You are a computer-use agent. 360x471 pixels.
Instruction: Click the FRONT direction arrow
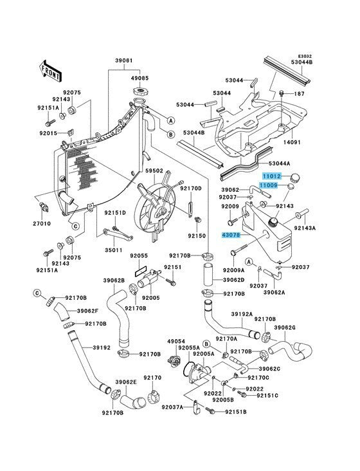click(50, 71)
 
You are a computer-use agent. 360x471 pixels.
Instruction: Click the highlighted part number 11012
click(272, 176)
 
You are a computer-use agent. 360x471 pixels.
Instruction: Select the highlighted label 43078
click(231, 235)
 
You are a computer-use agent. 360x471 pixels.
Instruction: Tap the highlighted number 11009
click(269, 186)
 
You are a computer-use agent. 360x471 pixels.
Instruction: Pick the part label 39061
click(124, 60)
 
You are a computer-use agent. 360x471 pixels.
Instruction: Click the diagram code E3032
click(305, 56)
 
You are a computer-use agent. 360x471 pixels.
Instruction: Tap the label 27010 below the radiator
click(42, 223)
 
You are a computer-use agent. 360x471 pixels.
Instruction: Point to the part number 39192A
click(242, 314)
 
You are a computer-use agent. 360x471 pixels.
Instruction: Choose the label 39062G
click(285, 328)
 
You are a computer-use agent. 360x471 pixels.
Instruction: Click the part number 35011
click(113, 250)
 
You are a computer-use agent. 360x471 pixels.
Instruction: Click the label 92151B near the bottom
click(236, 412)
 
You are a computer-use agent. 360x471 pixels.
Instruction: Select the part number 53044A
click(279, 163)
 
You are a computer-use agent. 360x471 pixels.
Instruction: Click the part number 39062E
click(126, 382)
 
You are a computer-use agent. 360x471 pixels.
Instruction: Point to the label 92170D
click(191, 189)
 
